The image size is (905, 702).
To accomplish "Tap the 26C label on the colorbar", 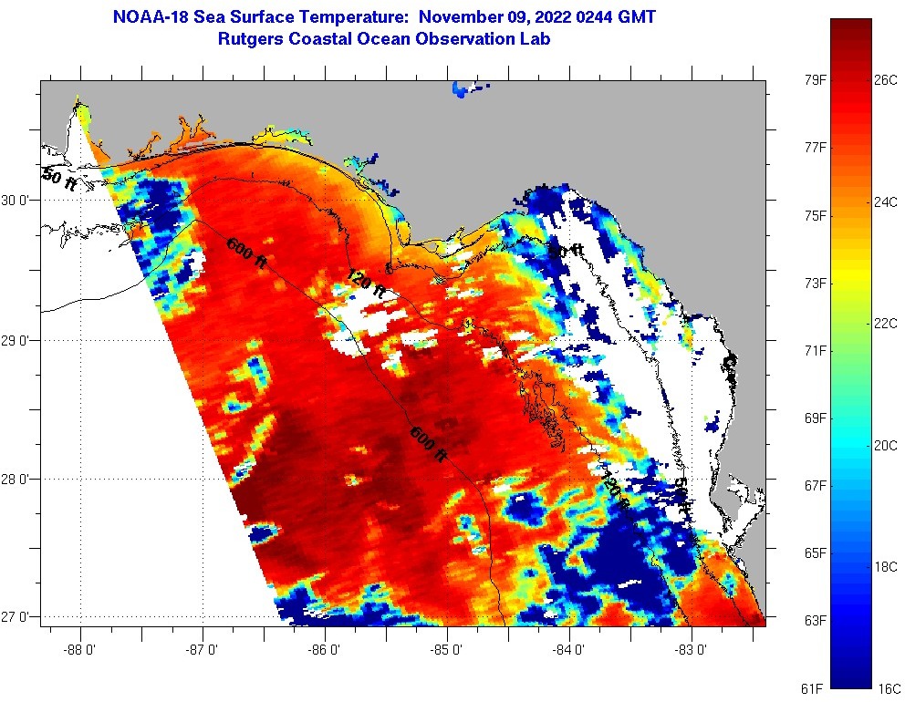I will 886,79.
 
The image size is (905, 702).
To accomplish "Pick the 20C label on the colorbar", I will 886,445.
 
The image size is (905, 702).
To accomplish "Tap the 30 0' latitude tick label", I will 18,200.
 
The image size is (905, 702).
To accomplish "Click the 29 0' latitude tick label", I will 18,340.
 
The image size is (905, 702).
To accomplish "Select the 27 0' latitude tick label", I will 18,617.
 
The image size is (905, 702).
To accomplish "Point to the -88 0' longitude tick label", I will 80,651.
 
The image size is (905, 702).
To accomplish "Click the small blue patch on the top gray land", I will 467,89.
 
